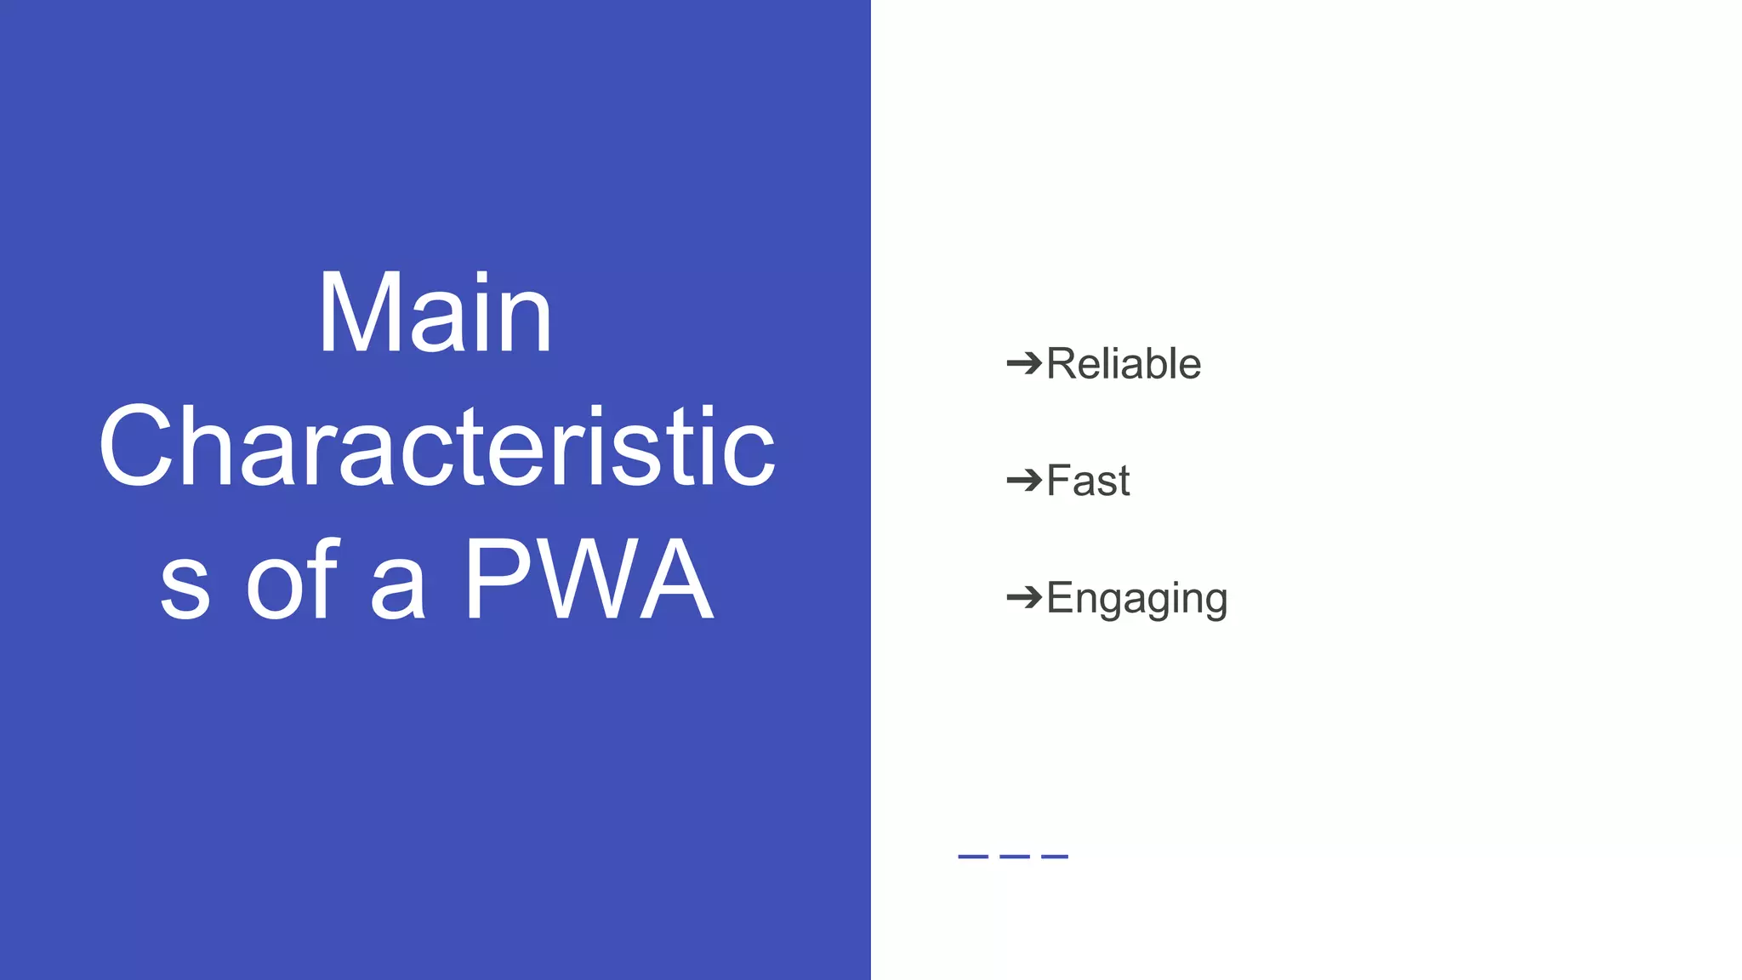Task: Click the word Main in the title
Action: (x=435, y=312)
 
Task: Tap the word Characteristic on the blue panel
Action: (x=436, y=447)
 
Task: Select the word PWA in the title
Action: (x=588, y=581)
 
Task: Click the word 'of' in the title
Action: (x=293, y=581)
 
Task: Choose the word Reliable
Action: (x=1123, y=364)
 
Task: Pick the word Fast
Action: (x=1088, y=481)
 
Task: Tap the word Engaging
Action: (x=1136, y=599)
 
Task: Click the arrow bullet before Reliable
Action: (x=1024, y=364)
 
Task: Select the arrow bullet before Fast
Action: (x=1024, y=481)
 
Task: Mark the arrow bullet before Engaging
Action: (x=1024, y=597)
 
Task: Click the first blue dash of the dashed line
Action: (x=972, y=856)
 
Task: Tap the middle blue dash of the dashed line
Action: (x=1014, y=856)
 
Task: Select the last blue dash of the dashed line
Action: (x=1055, y=856)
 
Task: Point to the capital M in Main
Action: (x=354, y=312)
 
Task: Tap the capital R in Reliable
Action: (x=1062, y=364)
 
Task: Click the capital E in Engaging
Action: (x=1062, y=597)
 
